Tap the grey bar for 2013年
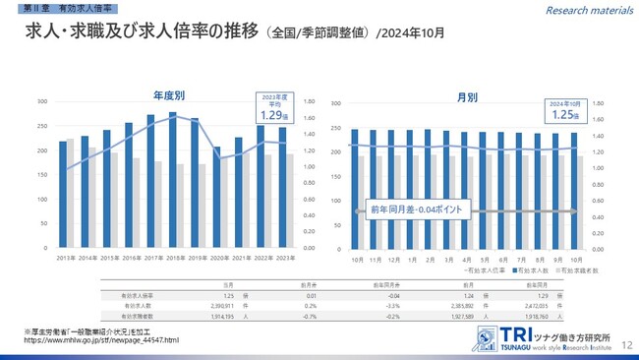[70, 194]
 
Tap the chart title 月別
[467, 97]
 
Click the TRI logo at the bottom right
[487, 336]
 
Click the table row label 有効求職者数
[140, 316]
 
